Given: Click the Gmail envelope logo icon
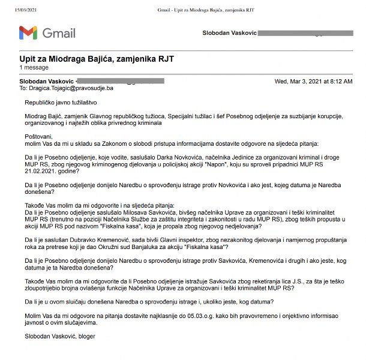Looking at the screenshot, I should pos(28,32).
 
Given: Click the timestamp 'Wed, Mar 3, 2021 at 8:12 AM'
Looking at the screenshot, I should pos(313,80).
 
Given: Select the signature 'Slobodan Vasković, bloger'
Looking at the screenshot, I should pos(59,336).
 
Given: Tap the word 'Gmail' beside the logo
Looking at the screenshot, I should pos(59,32).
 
